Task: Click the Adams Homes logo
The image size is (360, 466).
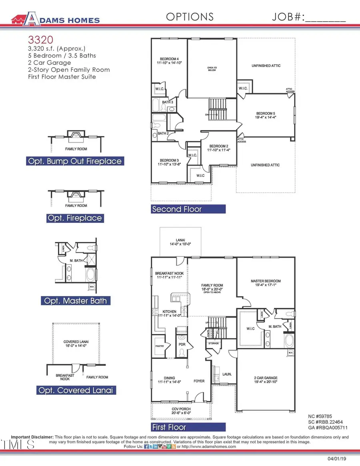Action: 56,18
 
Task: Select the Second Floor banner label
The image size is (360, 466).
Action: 177,209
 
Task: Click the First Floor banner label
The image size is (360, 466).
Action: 169,427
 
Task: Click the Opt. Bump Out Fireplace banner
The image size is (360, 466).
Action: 74,161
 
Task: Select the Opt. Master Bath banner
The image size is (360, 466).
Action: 75,301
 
